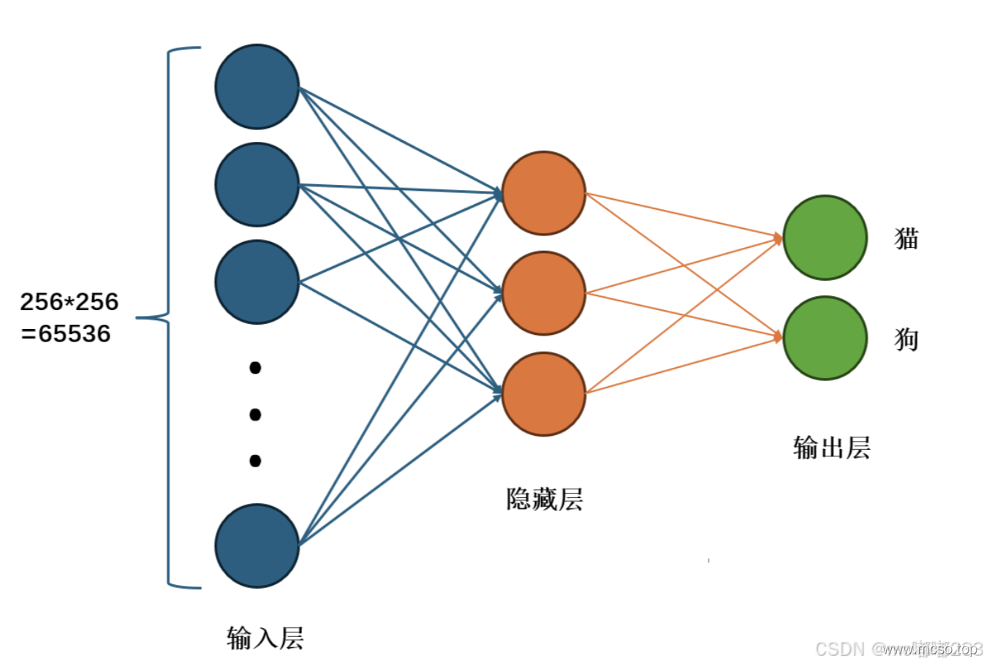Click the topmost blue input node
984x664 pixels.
point(257,87)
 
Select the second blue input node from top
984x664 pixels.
point(257,185)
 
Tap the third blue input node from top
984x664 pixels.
point(257,282)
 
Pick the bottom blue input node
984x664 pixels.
point(257,546)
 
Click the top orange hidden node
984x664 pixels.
point(543,193)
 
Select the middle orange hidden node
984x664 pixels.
point(543,293)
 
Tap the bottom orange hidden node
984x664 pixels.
point(543,393)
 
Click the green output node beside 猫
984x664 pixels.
point(825,238)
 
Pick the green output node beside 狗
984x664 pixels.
point(825,338)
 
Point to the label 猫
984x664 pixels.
point(907,238)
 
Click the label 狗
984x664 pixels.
point(907,339)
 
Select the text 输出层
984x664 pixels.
point(832,448)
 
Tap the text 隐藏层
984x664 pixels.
point(545,499)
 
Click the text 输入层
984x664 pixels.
point(265,638)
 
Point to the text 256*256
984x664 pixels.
point(69,301)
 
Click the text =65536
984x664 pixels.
point(66,333)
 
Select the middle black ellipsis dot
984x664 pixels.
point(255,415)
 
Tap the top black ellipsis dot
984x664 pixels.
point(255,367)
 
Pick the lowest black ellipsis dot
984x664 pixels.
point(255,461)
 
